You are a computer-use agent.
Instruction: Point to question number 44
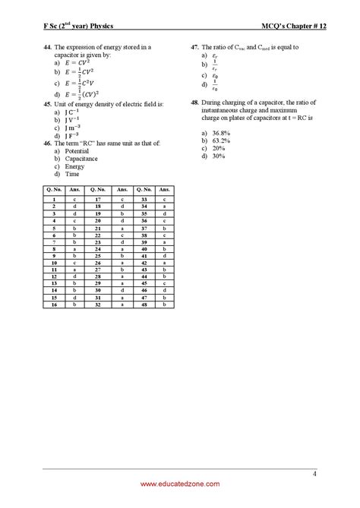pyautogui.click(x=47, y=46)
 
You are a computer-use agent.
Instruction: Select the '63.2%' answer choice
pyautogui.click(x=220, y=140)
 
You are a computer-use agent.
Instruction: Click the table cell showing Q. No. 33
pyautogui.click(x=142, y=198)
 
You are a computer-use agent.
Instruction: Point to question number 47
pyautogui.click(x=195, y=46)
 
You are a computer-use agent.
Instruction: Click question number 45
pyautogui.click(x=47, y=103)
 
